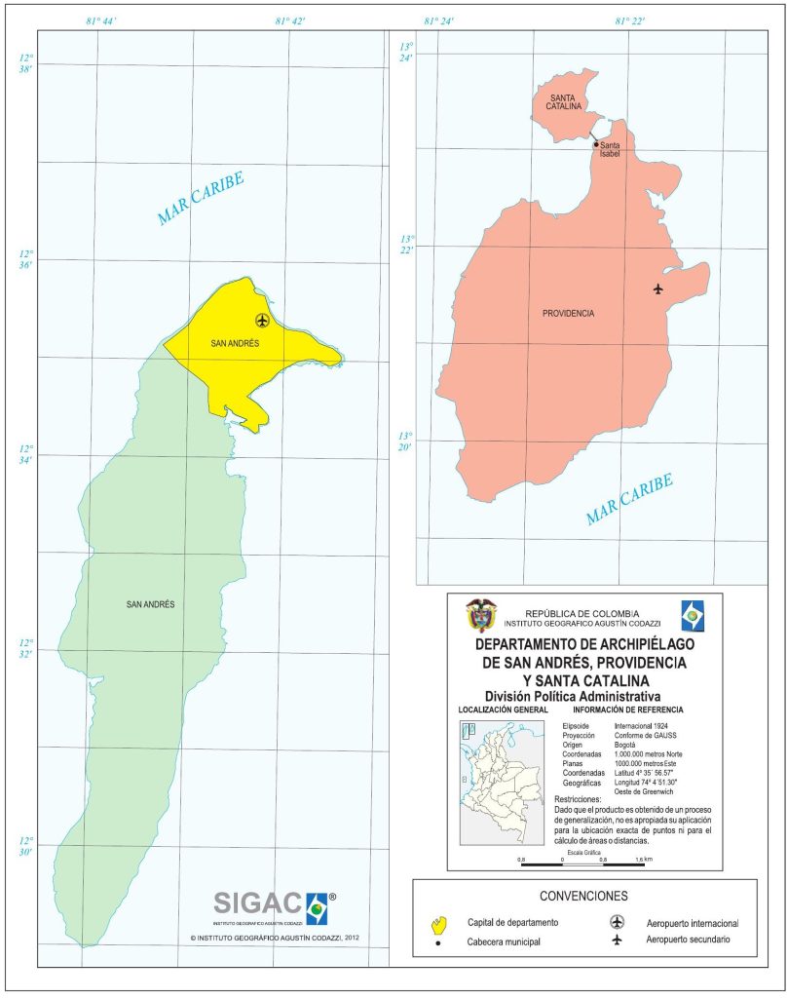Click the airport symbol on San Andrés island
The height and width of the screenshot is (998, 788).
[x=262, y=320]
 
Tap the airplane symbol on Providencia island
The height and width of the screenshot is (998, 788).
[x=658, y=288]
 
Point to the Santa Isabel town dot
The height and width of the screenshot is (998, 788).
[x=597, y=144]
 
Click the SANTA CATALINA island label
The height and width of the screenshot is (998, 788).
[x=563, y=102]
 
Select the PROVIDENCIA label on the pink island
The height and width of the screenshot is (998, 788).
[x=568, y=314]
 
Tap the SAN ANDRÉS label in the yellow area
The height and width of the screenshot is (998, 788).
[x=234, y=343]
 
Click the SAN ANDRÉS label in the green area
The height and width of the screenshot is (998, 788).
[x=150, y=604]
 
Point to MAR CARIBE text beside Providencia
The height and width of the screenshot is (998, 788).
[x=629, y=499]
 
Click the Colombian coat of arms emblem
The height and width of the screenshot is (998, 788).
[x=480, y=615]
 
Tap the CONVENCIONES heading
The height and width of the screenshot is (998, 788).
[x=583, y=896]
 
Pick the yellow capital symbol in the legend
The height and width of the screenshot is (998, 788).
[x=439, y=922]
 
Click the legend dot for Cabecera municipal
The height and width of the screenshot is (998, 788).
[x=438, y=941]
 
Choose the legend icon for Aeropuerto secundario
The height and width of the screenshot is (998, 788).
[x=616, y=940]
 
